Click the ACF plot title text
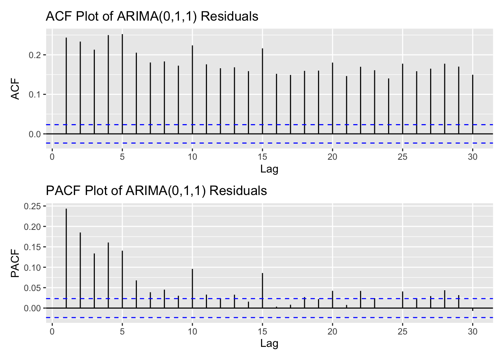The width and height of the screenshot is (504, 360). click(152, 16)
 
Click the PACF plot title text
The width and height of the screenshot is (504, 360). click(156, 191)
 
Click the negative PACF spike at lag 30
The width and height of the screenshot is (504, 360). click(473, 309)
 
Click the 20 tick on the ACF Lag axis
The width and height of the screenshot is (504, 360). click(333, 157)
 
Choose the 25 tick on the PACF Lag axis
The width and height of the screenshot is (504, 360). click(403, 331)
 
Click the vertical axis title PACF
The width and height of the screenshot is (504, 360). click(15, 263)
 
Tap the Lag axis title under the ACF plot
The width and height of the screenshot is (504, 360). click(269, 169)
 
